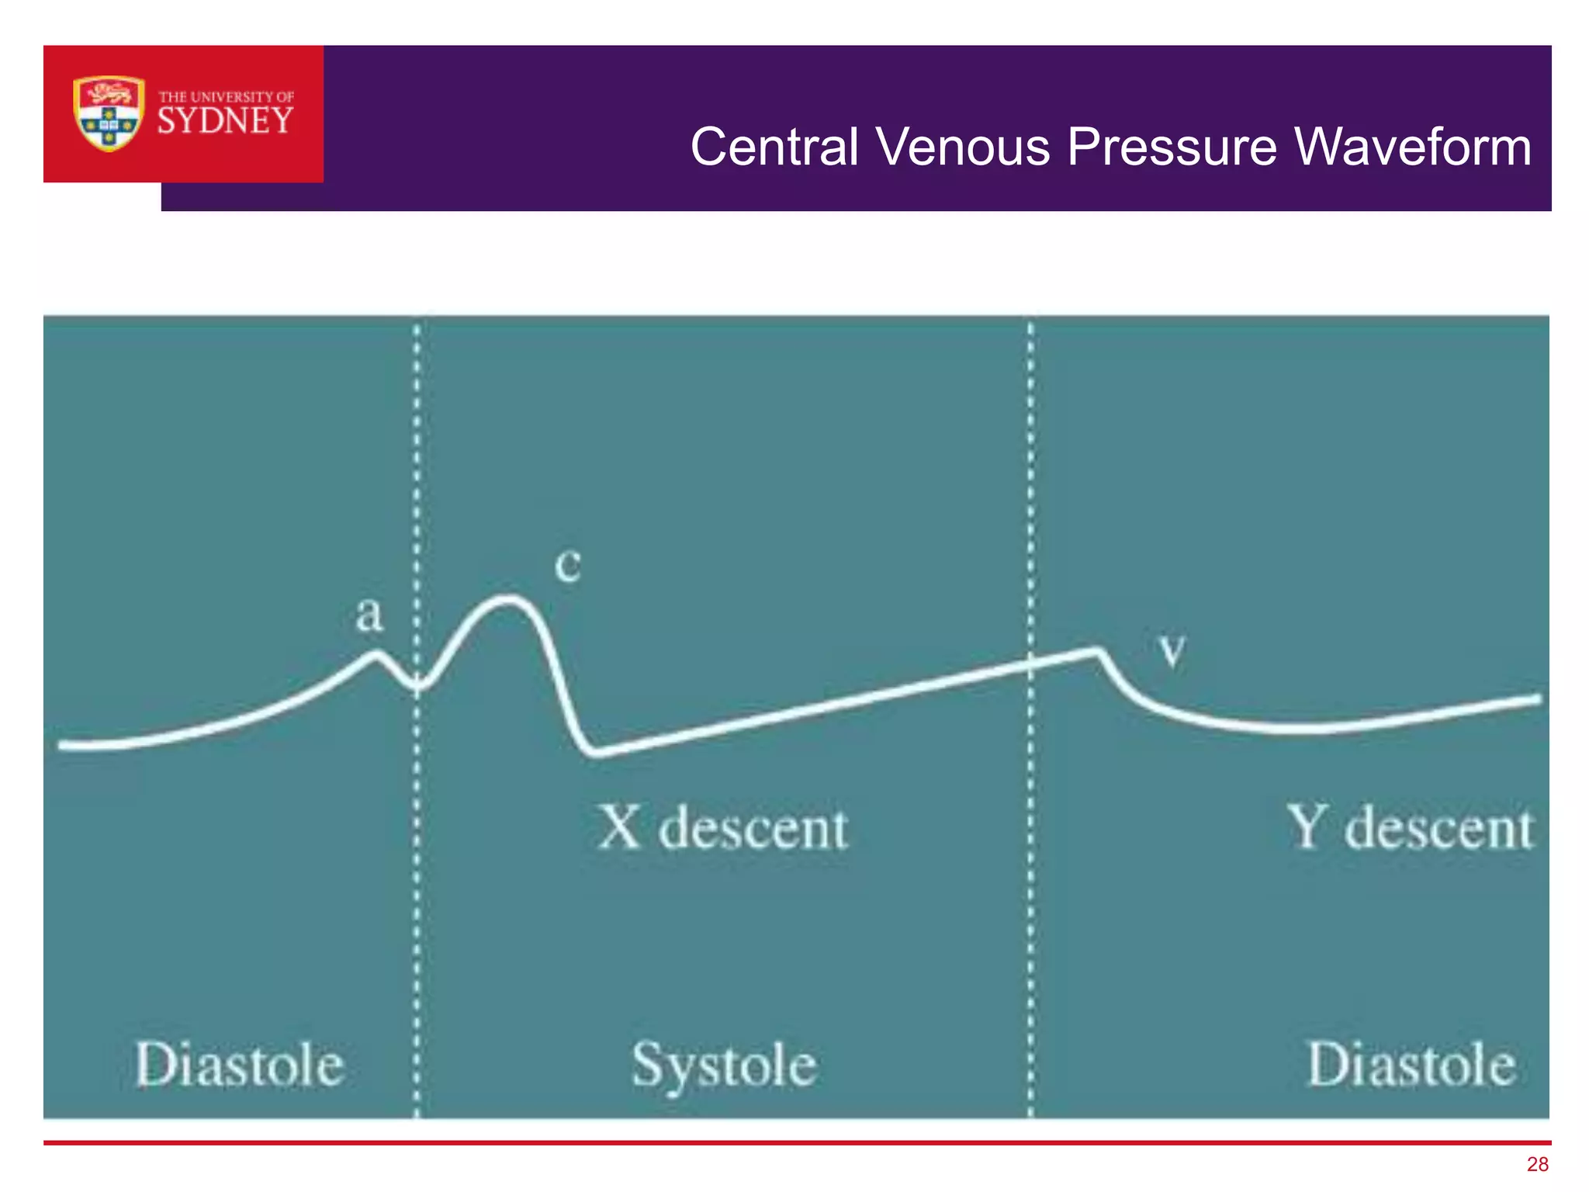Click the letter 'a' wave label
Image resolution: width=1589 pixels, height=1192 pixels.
[369, 615]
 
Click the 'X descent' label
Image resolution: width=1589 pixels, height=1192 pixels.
[723, 828]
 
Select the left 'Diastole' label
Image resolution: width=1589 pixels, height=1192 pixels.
[240, 1065]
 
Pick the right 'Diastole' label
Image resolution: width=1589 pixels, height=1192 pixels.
[1411, 1065]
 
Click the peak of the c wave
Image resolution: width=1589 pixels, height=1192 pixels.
[508, 598]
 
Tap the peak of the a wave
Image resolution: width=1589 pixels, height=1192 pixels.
[378, 654]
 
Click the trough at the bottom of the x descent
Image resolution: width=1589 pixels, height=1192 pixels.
[594, 751]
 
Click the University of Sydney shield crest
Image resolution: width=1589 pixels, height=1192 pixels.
[109, 113]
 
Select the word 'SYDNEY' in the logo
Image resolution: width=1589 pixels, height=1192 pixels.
[225, 121]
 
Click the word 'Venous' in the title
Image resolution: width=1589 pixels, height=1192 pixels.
[963, 147]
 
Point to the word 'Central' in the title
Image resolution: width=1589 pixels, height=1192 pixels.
[774, 147]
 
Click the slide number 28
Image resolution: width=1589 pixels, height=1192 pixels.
[1537, 1164]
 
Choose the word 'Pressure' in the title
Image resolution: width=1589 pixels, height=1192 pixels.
[1172, 147]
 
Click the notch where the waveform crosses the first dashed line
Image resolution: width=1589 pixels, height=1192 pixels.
[417, 685]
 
